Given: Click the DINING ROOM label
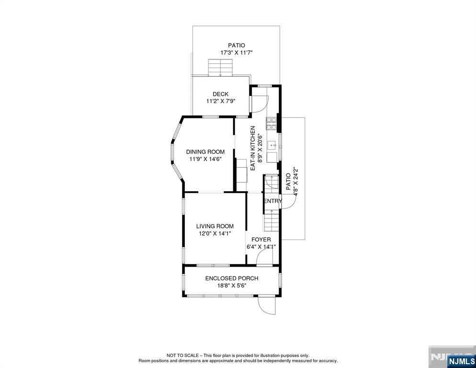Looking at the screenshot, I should pos(206,152).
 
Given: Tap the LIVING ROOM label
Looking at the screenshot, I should pos(215,226).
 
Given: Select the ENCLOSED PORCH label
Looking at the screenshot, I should pos(231,278).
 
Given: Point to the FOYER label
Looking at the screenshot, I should pos(261,240).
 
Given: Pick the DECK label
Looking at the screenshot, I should pos(220,94).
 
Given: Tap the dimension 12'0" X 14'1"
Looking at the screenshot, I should pos(215,234).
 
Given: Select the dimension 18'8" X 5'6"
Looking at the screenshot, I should pos(231,286).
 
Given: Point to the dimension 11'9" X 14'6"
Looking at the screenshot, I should pos(206,159).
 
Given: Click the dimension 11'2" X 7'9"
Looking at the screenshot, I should pos(220,102).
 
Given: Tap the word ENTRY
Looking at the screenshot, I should pos(272,201).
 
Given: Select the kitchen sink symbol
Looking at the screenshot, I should pos(272,144).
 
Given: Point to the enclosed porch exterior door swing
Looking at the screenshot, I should pos(267,306).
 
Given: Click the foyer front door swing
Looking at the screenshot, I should pos(264,259).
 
